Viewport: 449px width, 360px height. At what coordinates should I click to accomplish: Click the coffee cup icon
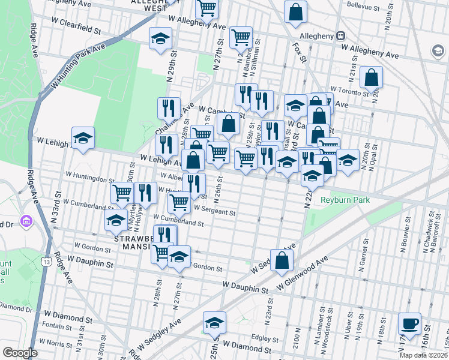410,324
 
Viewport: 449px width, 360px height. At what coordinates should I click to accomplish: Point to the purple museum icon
26,221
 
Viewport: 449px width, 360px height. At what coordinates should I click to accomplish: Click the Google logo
19,353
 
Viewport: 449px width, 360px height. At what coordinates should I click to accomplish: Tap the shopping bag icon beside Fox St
295,11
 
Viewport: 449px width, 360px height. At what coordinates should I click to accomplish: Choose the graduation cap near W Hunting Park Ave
160,39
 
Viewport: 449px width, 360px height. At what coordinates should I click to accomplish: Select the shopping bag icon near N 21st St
372,77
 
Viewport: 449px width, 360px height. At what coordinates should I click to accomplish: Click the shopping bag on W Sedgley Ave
281,260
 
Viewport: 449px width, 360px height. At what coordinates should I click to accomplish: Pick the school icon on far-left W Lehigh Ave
83,138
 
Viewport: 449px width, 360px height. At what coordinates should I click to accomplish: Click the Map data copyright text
423,355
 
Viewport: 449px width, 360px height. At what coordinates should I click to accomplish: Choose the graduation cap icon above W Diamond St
214,323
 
